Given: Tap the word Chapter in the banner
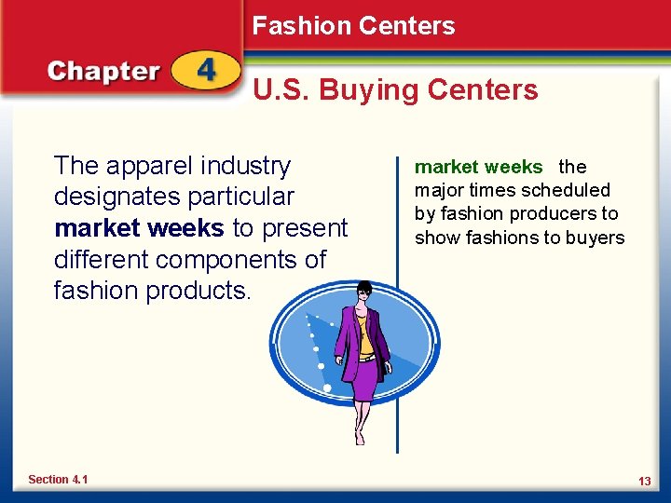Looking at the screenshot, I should click(x=103, y=72).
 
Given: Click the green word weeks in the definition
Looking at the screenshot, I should click(x=519, y=168).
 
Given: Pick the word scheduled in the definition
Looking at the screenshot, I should click(x=566, y=191).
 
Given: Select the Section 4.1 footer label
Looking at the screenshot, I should click(x=58, y=480).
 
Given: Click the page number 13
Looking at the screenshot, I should click(x=644, y=481).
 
